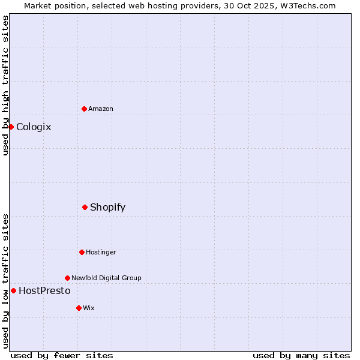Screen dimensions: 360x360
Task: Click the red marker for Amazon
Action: tap(85, 109)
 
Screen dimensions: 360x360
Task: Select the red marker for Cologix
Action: tap(11, 127)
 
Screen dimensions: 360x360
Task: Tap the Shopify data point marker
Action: tap(85, 207)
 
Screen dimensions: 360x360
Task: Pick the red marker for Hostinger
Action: tap(82, 252)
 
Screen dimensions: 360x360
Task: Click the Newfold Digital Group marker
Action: tap(67, 278)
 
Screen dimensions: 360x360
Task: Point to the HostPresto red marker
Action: tap(13, 290)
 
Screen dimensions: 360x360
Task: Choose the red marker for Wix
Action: tap(79, 308)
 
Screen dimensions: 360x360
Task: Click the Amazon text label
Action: tap(101, 109)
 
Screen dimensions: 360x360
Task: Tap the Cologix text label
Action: tap(34, 127)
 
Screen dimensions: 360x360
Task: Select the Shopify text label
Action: tap(107, 207)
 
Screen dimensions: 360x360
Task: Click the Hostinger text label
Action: tap(101, 252)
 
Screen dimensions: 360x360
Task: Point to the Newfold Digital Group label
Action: tap(106, 278)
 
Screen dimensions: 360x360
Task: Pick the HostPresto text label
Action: tap(44, 290)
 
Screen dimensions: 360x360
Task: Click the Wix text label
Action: tap(89, 308)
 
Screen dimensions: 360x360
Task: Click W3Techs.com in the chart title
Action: tap(306, 5)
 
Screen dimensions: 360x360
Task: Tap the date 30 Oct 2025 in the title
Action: tap(245, 5)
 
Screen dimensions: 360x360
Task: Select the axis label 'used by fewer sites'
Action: tap(62, 355)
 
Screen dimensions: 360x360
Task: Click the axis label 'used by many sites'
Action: tap(301, 355)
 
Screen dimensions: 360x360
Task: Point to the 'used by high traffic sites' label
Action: tap(5, 85)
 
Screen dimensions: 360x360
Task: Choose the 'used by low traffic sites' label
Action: tap(5, 281)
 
